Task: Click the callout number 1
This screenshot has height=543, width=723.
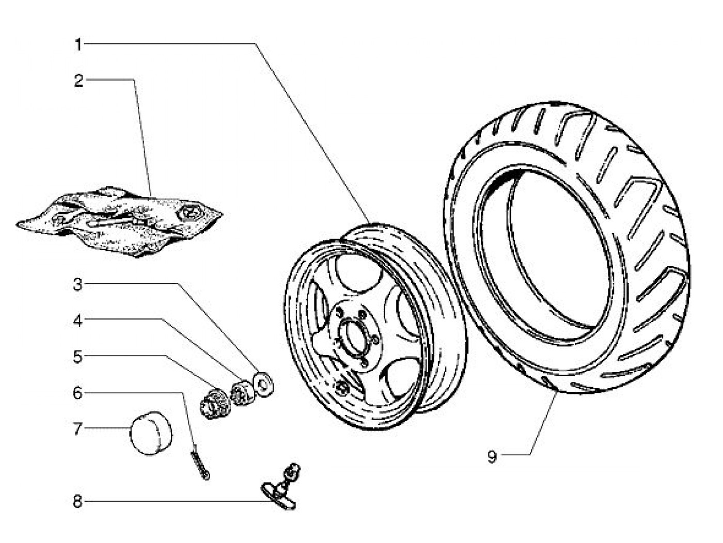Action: (x=78, y=45)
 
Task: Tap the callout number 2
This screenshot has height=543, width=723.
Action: (x=78, y=81)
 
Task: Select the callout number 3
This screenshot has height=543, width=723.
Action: (x=78, y=285)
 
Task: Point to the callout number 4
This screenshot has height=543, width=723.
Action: (x=78, y=321)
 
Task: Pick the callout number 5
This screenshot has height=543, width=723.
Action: (x=78, y=357)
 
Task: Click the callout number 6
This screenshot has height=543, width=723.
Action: (x=77, y=393)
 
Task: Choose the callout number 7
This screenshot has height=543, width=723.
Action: (x=78, y=429)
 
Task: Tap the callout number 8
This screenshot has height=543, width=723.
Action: (x=77, y=502)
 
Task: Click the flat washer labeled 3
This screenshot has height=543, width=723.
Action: (x=263, y=384)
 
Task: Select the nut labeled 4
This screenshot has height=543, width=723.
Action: (x=243, y=393)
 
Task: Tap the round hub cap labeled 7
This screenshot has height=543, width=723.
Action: (x=151, y=433)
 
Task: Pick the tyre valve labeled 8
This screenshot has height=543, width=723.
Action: (x=281, y=488)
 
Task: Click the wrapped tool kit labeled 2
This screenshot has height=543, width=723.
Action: (x=119, y=222)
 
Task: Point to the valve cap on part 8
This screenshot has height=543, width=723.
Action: (x=293, y=469)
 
